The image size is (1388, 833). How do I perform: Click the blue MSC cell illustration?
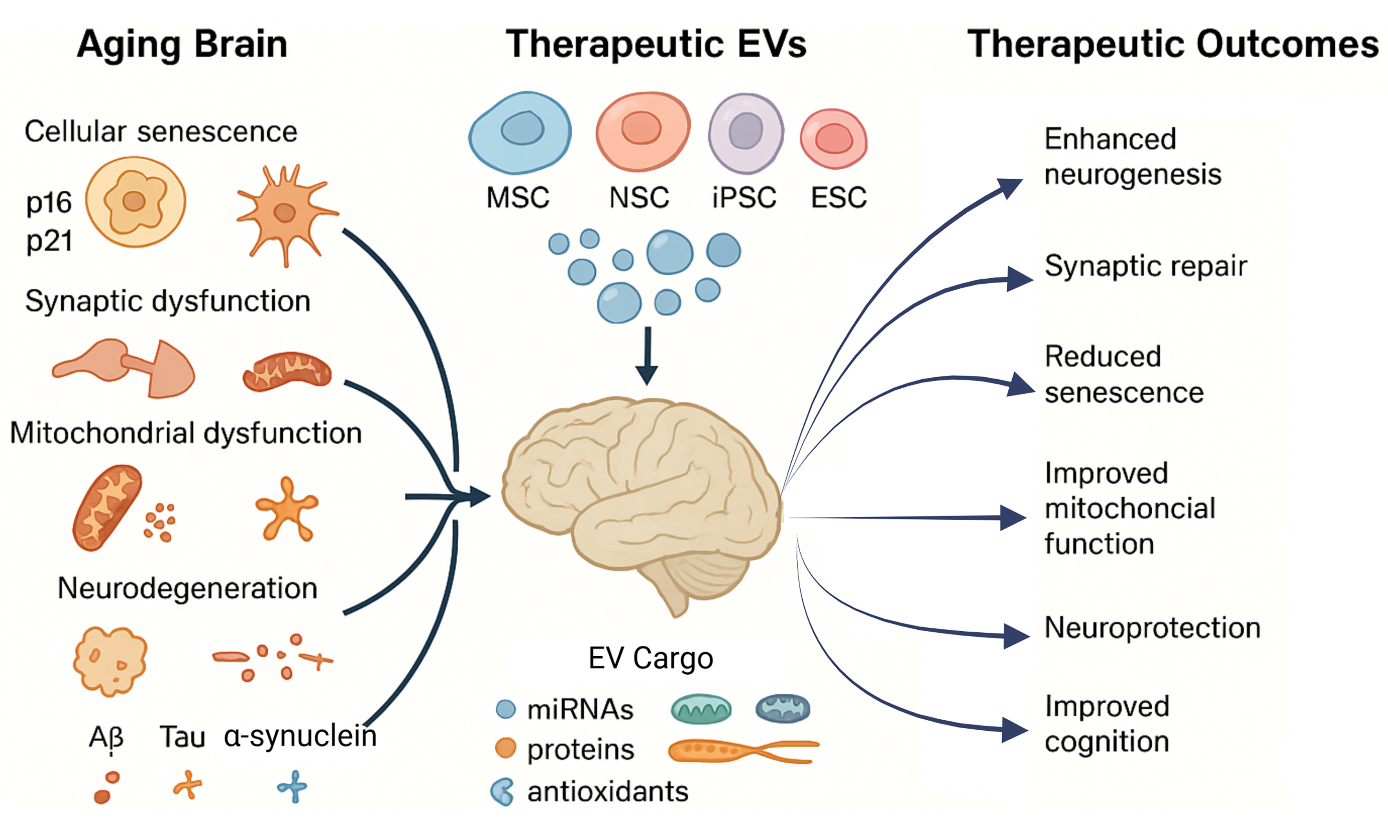pos(520,132)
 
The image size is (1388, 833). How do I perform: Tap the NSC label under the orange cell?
pos(639,197)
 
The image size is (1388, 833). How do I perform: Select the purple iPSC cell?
pos(746,133)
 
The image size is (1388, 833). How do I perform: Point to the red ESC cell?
pos(834,139)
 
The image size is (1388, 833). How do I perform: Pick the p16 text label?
pos(49,203)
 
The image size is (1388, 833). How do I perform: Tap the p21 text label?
pos(49,241)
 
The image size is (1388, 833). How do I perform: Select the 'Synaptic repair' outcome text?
pos(1145,266)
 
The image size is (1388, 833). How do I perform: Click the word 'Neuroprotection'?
pos(1152,628)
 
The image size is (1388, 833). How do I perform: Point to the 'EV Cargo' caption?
pos(650,658)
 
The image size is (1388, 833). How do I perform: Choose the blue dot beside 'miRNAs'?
pos(506,709)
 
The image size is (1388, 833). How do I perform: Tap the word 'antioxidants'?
pos(607,791)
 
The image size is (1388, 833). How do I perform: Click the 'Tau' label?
pos(183,737)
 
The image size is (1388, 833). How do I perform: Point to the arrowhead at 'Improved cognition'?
pos(1015,730)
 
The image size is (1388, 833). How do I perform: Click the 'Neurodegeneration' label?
pos(188,588)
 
